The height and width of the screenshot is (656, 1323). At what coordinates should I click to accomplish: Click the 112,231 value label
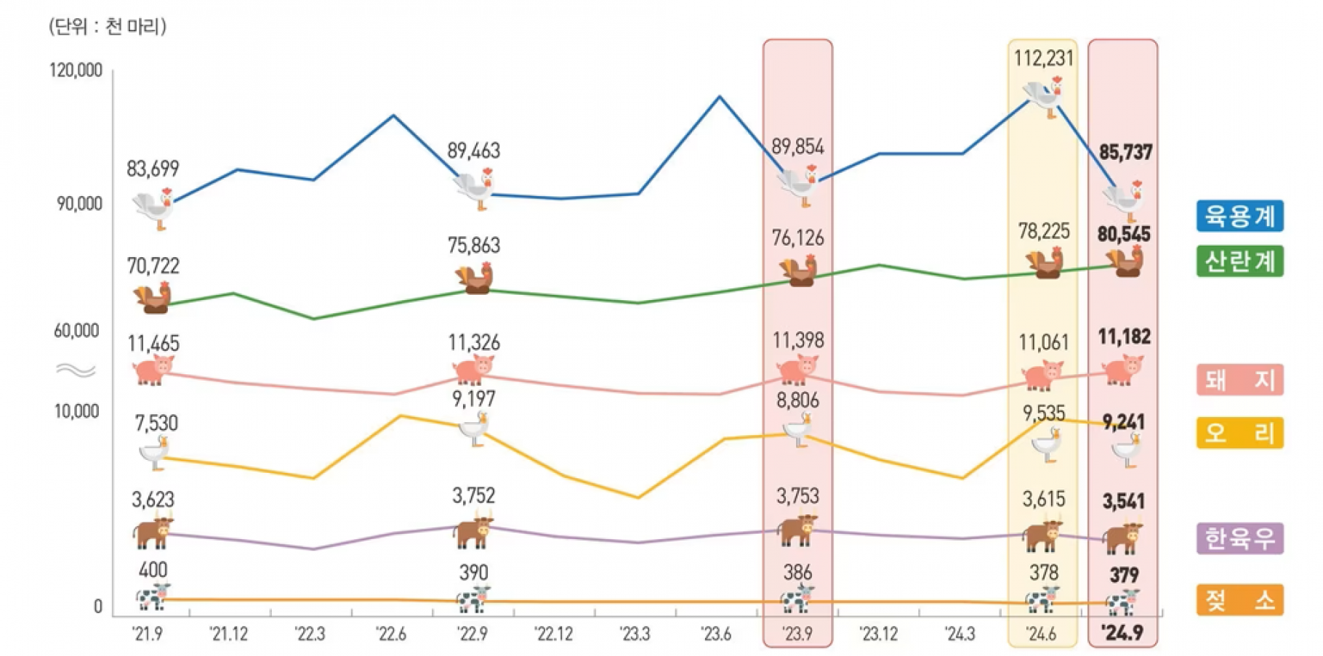[1043, 58]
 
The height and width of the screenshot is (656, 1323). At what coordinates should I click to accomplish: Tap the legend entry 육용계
[1239, 216]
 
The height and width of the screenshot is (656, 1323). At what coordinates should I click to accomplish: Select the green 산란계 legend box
[1239, 261]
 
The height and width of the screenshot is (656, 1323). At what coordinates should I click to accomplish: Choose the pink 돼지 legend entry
[1239, 379]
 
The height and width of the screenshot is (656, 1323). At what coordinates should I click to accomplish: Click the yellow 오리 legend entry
[1239, 433]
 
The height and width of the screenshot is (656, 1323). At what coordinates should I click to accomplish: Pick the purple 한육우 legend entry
[1239, 538]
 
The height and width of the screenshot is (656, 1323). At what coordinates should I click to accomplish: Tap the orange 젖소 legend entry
[1239, 600]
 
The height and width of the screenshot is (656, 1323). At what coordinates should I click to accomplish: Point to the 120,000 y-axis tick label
[76, 70]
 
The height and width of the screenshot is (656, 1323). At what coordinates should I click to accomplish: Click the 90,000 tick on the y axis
[79, 204]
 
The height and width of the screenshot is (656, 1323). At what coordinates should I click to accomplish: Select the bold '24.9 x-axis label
[1122, 633]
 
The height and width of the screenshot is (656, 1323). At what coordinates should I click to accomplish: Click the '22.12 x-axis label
[554, 634]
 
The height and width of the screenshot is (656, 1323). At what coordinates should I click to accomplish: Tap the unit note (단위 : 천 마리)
[108, 27]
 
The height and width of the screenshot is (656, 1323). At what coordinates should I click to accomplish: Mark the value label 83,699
[153, 169]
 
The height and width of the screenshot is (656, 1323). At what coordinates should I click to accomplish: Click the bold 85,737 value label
[1125, 153]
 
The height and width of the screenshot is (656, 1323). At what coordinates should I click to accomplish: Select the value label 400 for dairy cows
[153, 570]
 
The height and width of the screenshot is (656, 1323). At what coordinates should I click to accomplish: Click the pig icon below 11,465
[153, 370]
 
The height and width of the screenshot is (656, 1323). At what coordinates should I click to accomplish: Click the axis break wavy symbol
[76, 370]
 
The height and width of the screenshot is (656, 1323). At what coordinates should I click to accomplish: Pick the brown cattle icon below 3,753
[797, 530]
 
